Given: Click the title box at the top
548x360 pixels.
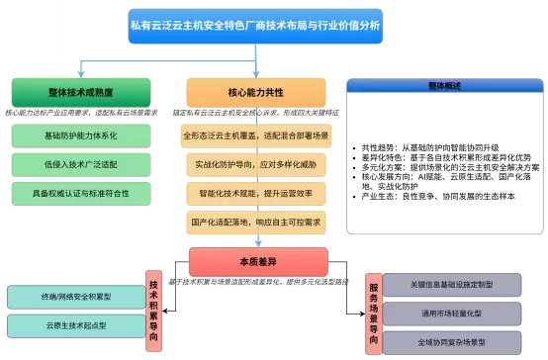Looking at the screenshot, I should (x=255, y=23).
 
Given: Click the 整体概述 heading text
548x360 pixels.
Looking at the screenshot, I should (x=444, y=87).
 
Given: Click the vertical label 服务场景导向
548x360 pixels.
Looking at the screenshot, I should (x=373, y=313).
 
